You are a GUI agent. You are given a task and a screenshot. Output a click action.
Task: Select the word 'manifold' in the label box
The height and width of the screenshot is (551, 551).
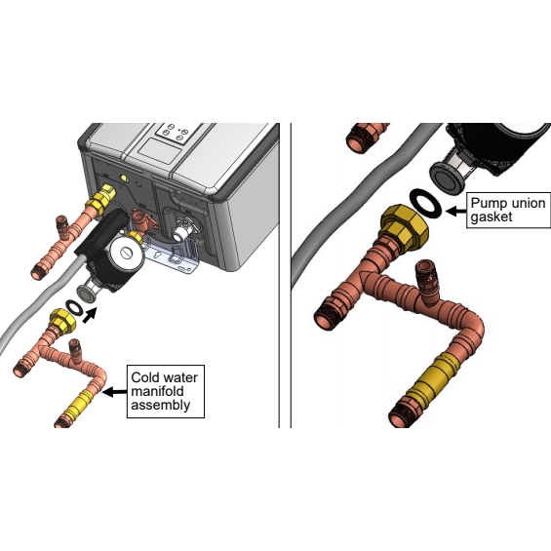[x=157, y=391]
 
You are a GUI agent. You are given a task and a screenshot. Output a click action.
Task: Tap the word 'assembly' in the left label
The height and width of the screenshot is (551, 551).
[x=161, y=405]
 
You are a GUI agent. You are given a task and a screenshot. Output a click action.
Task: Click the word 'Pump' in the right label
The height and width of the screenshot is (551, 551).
[x=486, y=204]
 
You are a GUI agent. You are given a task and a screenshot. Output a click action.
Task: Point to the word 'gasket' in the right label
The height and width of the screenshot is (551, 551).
[x=492, y=217]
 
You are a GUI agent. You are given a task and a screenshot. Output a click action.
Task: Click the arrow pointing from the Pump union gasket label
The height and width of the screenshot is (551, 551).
[x=456, y=212]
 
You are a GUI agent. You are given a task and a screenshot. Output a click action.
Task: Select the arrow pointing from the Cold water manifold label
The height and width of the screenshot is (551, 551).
[x=114, y=391]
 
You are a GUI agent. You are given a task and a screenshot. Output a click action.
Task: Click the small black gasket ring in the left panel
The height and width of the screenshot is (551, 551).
[x=75, y=307]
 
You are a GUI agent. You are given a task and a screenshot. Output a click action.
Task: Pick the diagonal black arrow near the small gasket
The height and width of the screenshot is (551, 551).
[x=90, y=314]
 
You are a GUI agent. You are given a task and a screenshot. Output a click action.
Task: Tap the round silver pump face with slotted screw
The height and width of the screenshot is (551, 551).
[x=126, y=252]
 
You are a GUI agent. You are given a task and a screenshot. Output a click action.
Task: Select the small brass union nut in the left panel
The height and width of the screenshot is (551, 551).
[x=62, y=321]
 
